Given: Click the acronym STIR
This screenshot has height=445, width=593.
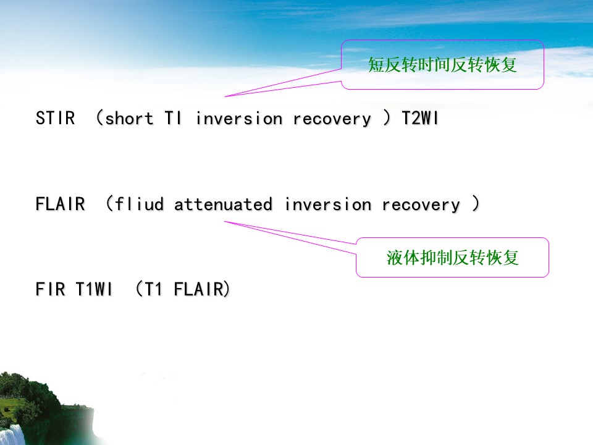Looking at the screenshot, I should pyautogui.click(x=55, y=119).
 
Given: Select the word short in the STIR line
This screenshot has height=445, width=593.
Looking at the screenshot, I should pyautogui.click(x=129, y=119).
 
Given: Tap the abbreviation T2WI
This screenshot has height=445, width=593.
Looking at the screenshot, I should pyautogui.click(x=420, y=119).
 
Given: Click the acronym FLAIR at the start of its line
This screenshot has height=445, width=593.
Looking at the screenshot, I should pyautogui.click(x=60, y=204).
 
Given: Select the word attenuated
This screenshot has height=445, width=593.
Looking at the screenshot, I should pyautogui.click(x=223, y=205).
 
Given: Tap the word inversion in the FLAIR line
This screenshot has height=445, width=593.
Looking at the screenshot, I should pyautogui.click(x=328, y=205).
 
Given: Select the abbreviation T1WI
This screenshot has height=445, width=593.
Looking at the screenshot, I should pyautogui.click(x=95, y=289).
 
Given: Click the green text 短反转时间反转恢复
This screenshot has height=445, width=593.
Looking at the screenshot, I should pyautogui.click(x=442, y=65).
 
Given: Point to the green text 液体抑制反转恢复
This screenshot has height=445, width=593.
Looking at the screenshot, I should pyautogui.click(x=452, y=258).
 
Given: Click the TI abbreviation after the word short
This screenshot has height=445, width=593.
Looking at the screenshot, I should pyautogui.click(x=173, y=119).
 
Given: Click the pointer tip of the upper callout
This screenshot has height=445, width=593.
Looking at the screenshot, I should pyautogui.click(x=225, y=96).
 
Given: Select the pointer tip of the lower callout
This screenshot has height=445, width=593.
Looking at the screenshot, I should pyautogui.click(x=225, y=221).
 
